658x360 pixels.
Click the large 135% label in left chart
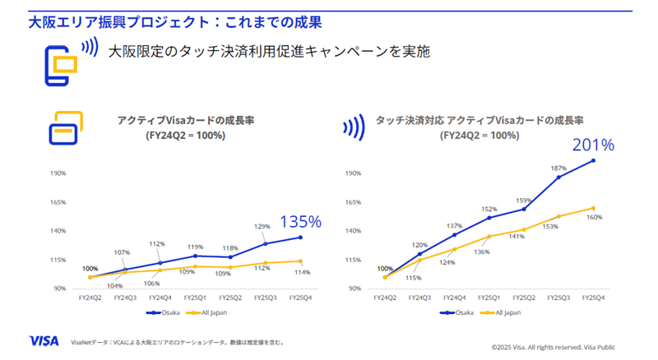coord(301,221)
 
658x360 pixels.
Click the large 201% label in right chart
coord(594,145)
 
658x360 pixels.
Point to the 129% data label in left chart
coord(262,226)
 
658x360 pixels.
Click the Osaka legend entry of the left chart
coord(161,312)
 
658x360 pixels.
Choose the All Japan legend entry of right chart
coord(503,312)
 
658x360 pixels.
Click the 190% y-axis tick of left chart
coord(58,173)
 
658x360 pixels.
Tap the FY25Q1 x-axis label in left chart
coord(195,297)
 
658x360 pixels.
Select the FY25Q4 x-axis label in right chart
coord(593,297)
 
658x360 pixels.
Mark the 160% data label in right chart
coord(593,217)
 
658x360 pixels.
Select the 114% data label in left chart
coord(302,272)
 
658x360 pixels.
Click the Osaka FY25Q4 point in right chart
coord(593,160)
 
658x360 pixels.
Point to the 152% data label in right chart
coord(489,209)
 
